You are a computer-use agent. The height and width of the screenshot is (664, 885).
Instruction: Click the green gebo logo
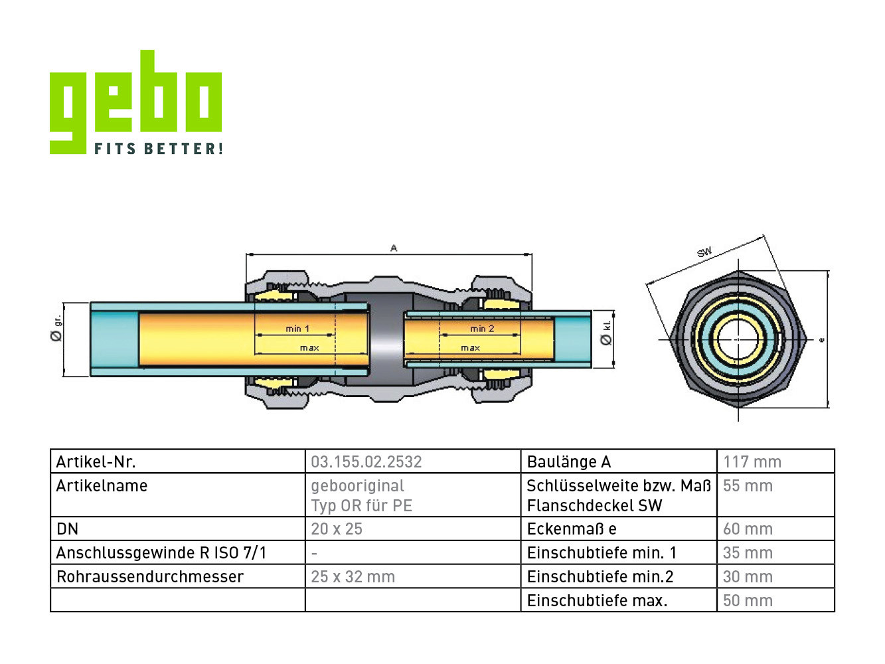pos(135,102)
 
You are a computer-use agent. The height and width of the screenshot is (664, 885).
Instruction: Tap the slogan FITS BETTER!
pos(159,148)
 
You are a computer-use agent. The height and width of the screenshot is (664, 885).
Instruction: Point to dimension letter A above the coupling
pos(394,248)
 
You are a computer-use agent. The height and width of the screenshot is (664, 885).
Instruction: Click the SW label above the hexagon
pos(704,252)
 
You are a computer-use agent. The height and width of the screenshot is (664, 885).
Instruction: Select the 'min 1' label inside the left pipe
pos(297,329)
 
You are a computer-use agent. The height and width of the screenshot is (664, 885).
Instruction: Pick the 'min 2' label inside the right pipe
pos(482,329)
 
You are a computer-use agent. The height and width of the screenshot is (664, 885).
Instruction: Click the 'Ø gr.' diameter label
pos(56,329)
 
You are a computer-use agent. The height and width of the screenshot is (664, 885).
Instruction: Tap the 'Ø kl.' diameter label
pos(605,333)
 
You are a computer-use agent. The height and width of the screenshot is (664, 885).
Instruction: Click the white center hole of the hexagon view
pos(738,339)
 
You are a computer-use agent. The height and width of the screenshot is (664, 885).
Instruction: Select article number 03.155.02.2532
pos(366,462)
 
